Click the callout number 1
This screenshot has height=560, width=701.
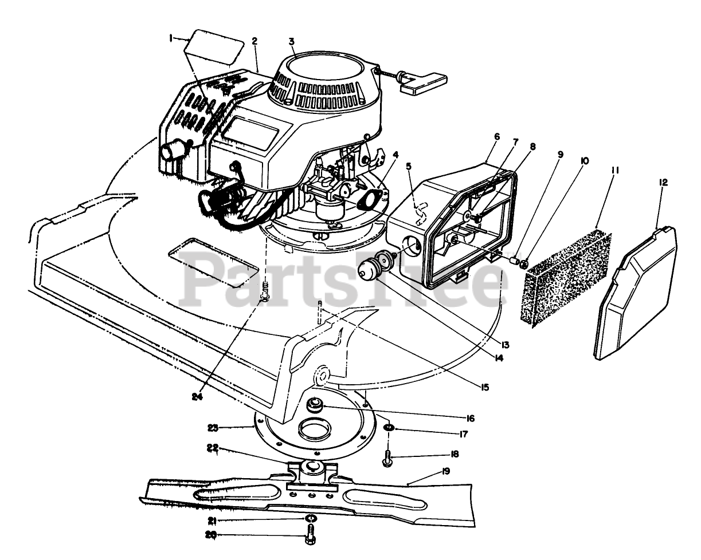point(170,38)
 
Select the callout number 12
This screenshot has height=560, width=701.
point(663,182)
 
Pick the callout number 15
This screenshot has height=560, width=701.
point(485,388)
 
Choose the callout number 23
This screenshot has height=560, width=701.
point(213,427)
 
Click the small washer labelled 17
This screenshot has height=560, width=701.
point(389,428)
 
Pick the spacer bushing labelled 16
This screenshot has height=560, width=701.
point(314,406)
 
